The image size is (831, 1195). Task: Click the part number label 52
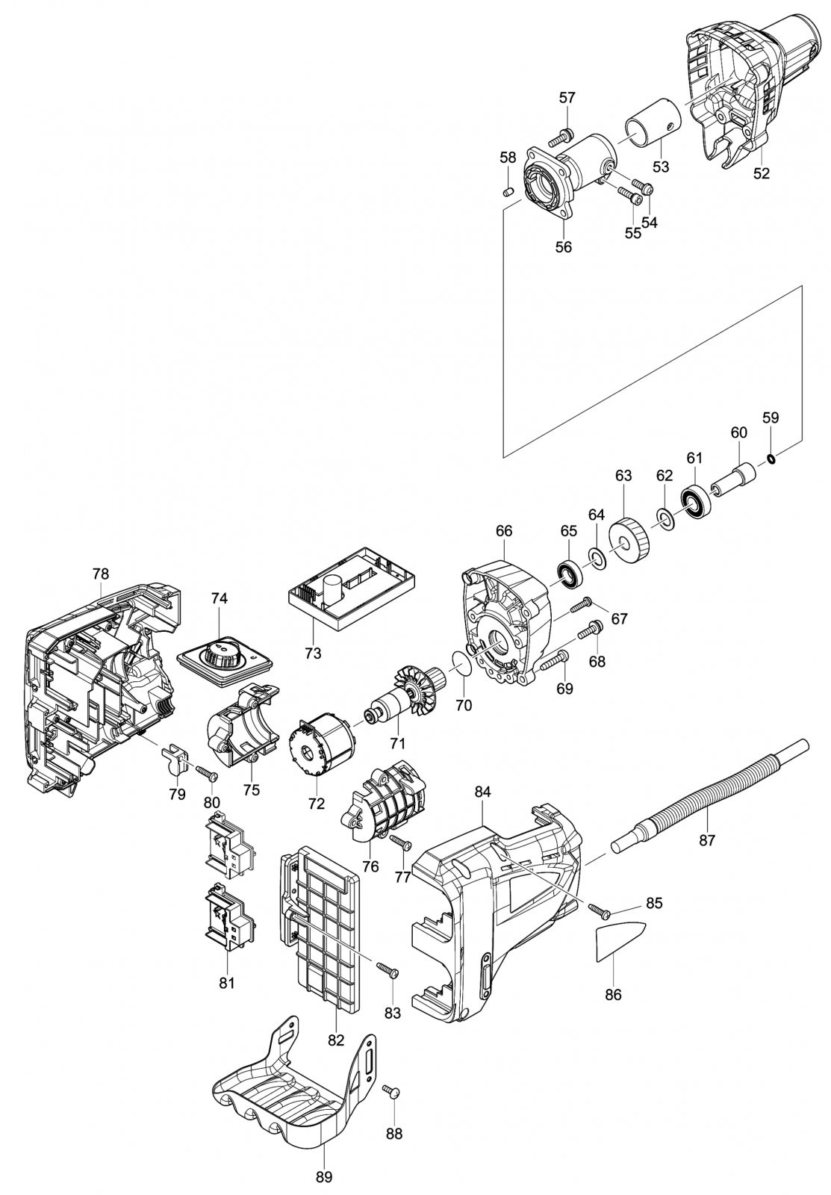click(762, 173)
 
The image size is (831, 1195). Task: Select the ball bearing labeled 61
click(694, 501)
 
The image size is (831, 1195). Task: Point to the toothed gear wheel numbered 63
click(630, 542)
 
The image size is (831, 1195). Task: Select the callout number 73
click(313, 652)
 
